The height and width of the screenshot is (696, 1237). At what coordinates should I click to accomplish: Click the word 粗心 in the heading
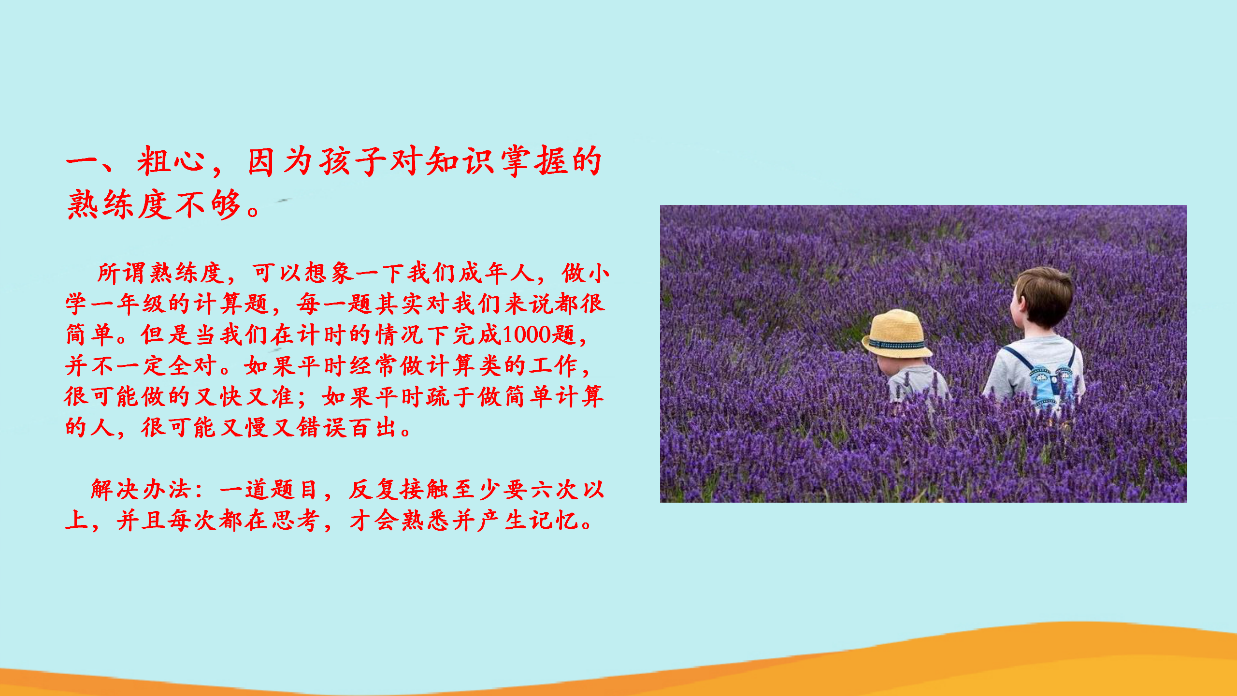point(171,160)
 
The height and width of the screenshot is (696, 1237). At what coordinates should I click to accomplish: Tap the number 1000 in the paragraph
point(526,334)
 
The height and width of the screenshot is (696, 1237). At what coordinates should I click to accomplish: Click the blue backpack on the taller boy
point(1049,382)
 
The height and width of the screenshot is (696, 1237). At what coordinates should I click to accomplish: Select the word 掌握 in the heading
point(533,160)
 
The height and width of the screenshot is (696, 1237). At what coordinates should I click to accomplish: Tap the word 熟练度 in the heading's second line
point(119,204)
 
